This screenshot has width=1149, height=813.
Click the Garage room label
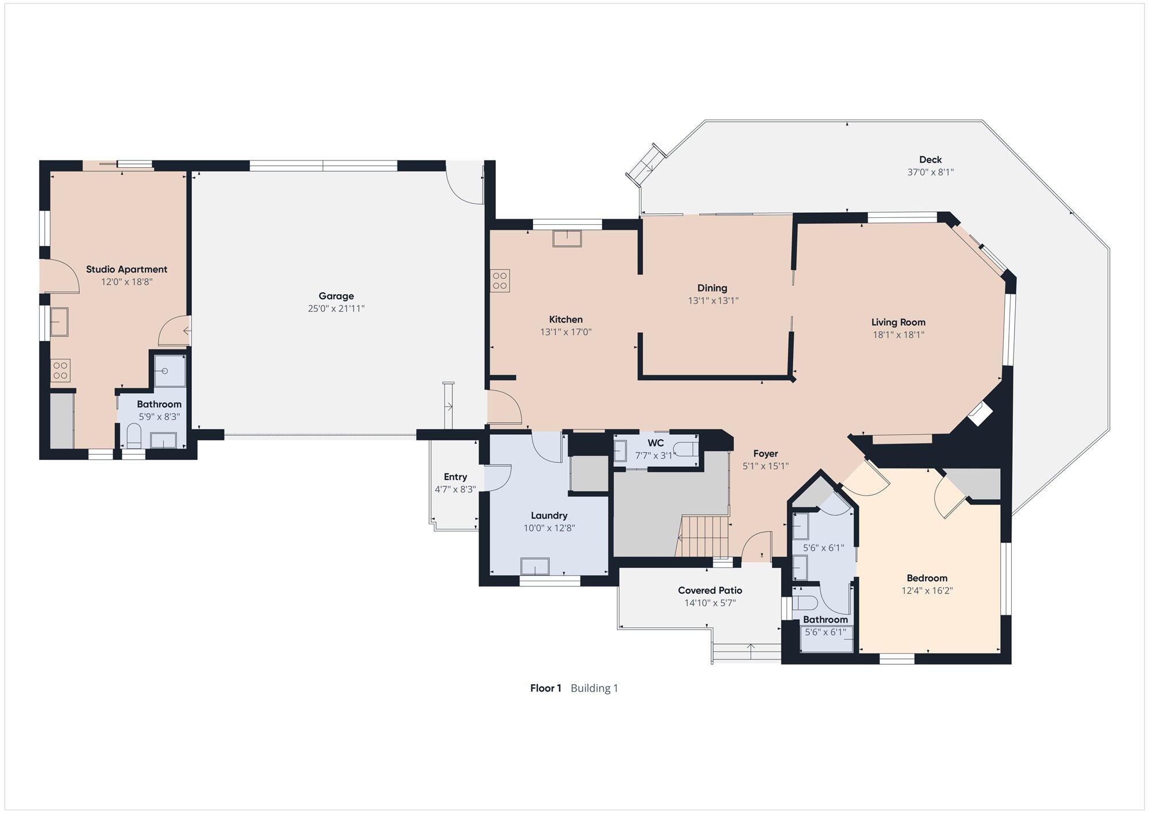[336, 296]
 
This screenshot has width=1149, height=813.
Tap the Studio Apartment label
[126, 269]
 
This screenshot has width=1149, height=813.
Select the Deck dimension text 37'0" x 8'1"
[930, 172]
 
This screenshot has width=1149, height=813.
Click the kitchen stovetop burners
[500, 281]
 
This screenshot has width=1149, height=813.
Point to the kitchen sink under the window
[567, 238]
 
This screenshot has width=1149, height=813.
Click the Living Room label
[899, 322]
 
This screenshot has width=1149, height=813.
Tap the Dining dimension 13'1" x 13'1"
[713, 300]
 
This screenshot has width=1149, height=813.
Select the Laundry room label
[549, 516]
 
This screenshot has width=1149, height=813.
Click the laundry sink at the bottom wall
[535, 566]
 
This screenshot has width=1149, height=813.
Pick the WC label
[656, 443]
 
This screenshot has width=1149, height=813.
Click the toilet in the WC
[688, 449]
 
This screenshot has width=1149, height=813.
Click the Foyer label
[765, 454]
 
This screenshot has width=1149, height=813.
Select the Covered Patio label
[710, 590]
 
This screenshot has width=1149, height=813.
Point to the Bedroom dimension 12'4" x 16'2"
[927, 590]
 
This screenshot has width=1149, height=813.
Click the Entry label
[456, 477]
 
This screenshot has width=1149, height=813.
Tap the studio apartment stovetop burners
[60, 370]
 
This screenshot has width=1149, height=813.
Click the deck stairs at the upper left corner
[647, 165]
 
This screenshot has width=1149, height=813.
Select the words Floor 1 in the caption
[546, 688]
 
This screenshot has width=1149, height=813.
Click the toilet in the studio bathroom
[133, 436]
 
